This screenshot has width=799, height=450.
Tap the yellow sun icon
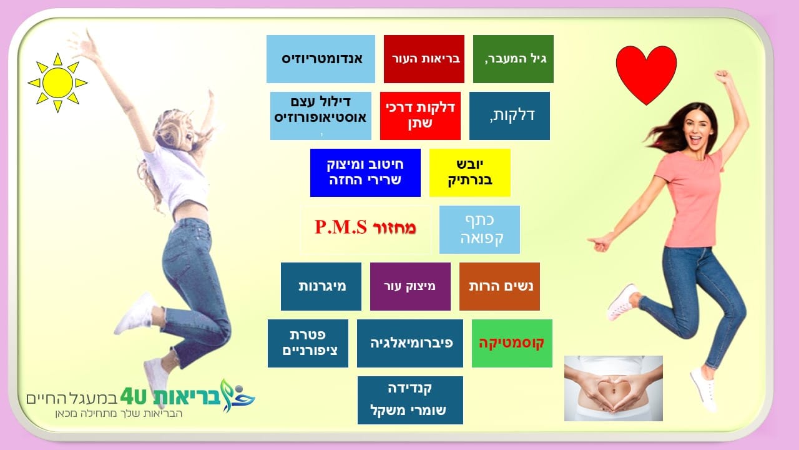57,83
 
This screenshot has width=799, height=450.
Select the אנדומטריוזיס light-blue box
321,59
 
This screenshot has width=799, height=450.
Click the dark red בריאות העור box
424,59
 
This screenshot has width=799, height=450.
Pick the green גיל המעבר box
513,59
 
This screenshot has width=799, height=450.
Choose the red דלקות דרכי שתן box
420,116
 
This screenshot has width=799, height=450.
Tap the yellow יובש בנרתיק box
470,173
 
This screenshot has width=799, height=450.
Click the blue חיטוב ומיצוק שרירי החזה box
365,173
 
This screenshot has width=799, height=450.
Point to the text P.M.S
341,227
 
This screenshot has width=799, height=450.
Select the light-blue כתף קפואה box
479,229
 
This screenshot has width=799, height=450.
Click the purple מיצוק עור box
410,286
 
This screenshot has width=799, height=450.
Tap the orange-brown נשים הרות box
499,286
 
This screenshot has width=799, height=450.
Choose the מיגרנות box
321,286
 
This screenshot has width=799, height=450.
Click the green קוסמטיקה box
512,343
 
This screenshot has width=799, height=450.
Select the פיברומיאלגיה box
410,343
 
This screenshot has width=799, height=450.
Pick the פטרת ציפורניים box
308,343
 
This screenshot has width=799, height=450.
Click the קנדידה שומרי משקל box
410,400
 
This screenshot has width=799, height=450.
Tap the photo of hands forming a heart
614,388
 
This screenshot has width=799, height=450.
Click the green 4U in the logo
134,396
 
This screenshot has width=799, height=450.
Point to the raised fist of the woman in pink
723,76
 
